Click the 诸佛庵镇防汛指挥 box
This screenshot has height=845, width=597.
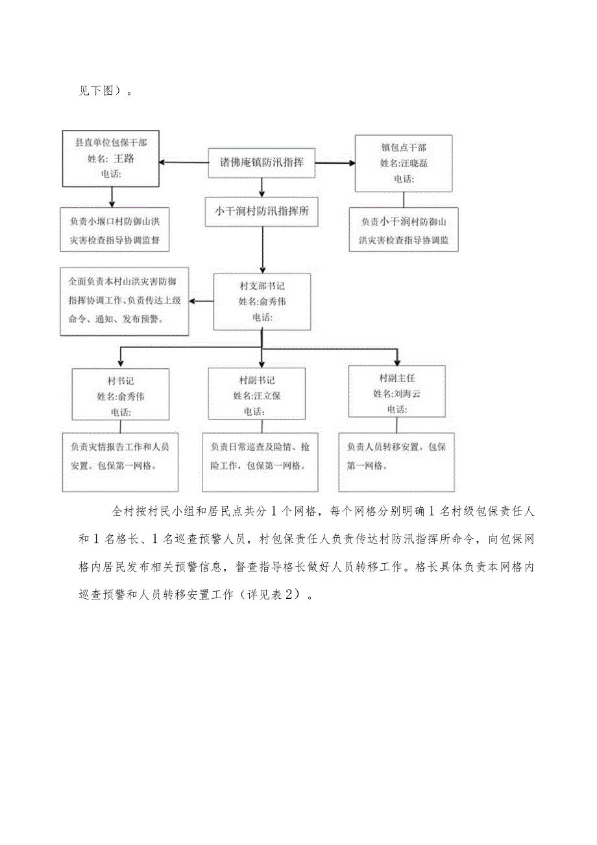262,163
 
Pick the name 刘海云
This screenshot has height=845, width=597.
407,393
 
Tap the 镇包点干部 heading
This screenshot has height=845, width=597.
404,147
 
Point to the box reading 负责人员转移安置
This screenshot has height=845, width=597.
396,457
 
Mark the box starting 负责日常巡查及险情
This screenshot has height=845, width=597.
260,457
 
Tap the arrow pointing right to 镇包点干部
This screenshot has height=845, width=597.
333,163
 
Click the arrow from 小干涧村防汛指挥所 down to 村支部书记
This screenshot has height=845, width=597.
262,249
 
